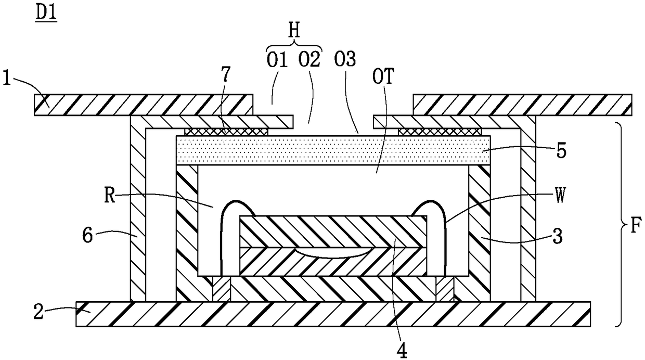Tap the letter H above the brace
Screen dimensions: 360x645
295,31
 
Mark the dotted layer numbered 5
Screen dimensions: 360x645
333,150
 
